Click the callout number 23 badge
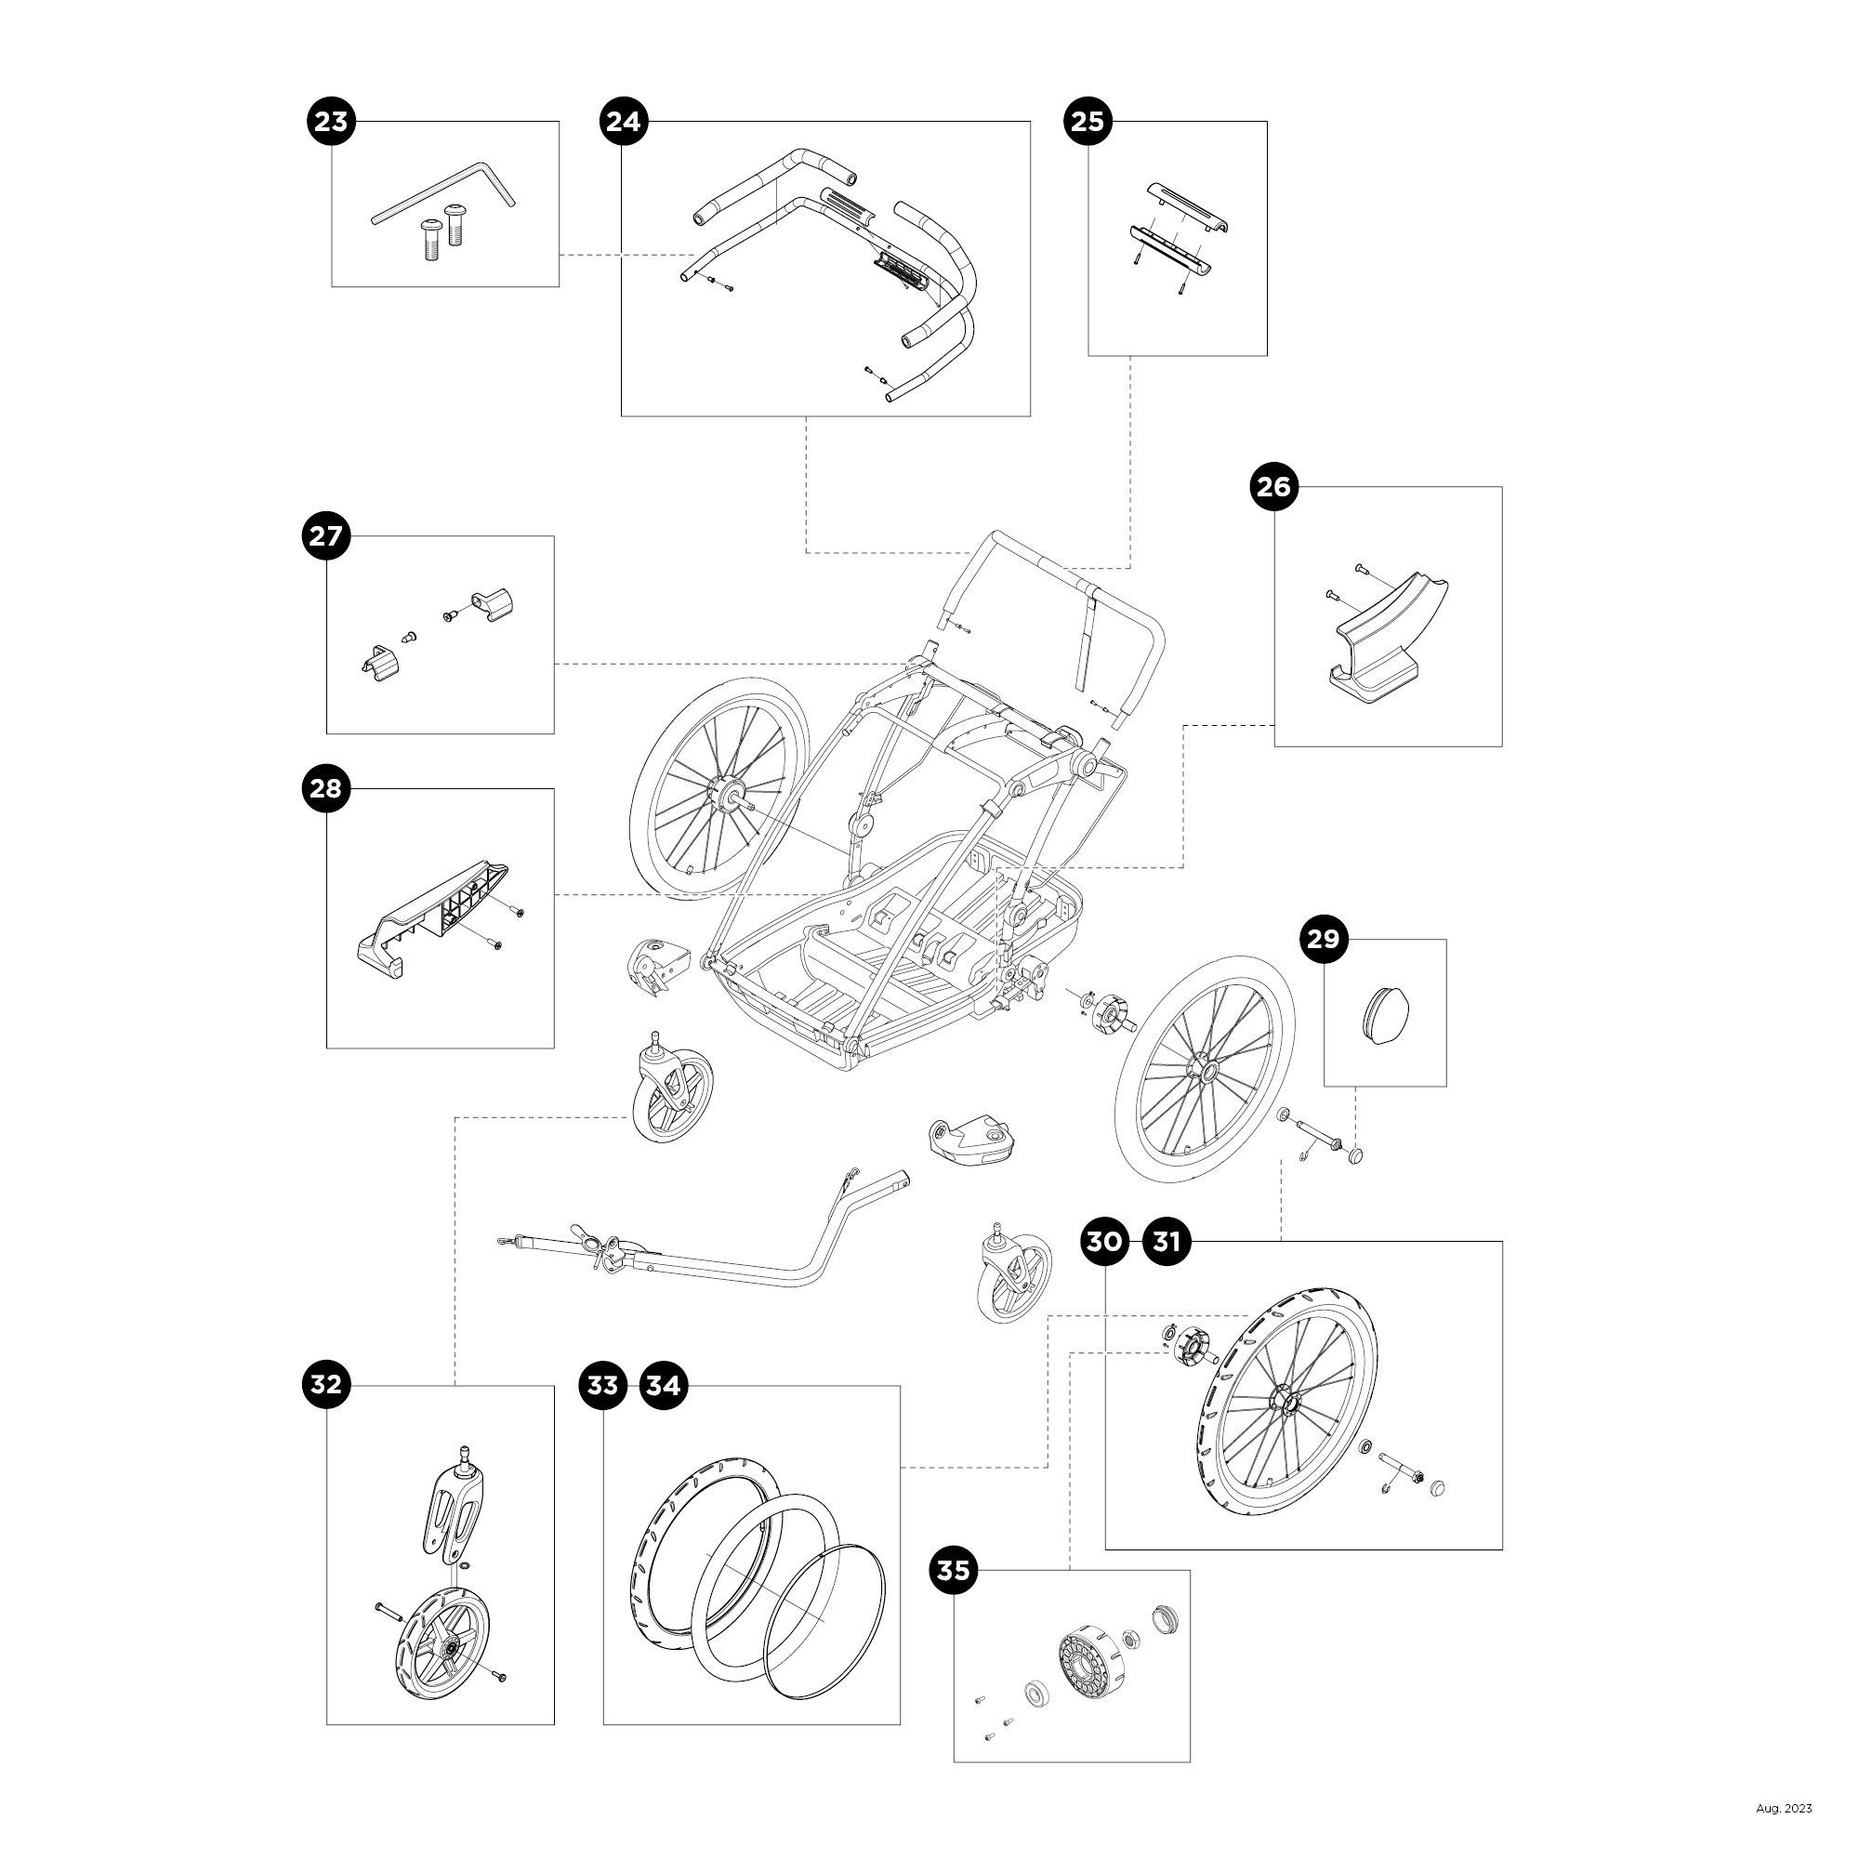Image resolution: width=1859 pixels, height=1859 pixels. point(331,122)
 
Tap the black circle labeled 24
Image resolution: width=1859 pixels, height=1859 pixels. point(623,122)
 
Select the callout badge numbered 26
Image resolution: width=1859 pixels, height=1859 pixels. point(1274,487)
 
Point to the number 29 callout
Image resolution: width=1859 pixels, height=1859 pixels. point(1324,939)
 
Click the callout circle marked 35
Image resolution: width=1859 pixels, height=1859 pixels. point(953,1571)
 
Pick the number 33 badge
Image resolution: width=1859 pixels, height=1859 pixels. point(602,1386)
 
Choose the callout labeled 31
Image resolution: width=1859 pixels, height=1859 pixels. point(1167,1242)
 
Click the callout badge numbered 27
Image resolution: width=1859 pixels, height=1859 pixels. point(326,535)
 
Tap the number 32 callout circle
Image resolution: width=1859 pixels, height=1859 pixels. point(326,1385)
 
